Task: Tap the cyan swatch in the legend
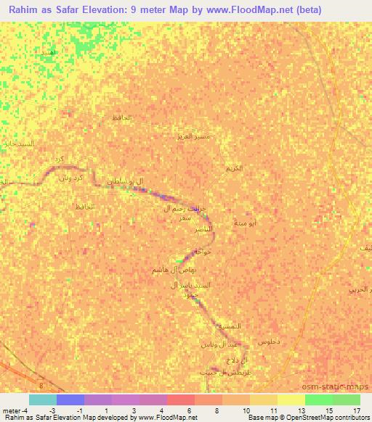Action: tap(43, 400)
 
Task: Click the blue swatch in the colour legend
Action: tap(70, 400)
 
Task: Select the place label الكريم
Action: tap(234, 167)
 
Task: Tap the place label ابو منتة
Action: tap(243, 224)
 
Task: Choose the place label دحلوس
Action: tap(268, 340)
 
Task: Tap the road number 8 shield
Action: tap(41, 386)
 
